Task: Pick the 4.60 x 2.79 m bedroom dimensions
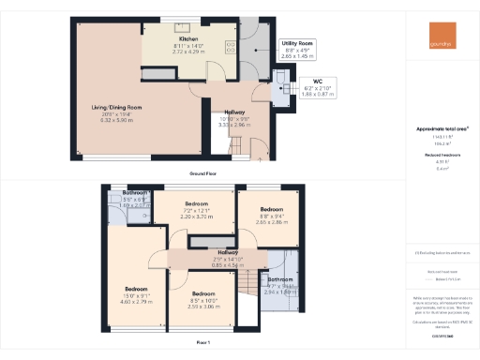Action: pyautogui.click(x=136, y=302)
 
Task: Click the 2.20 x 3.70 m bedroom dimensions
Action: pyautogui.click(x=196, y=217)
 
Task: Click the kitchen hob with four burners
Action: pyautogui.click(x=230, y=44)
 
